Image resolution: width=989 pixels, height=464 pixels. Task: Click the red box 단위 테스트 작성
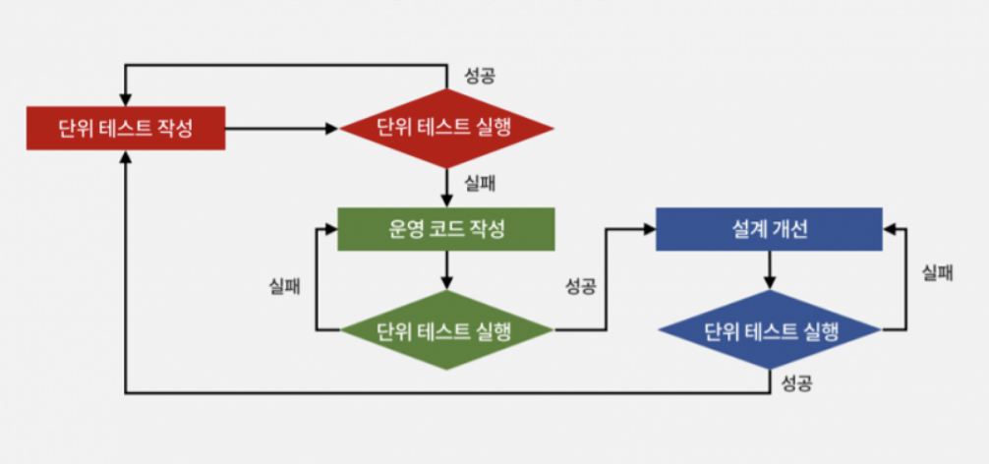pos(125,128)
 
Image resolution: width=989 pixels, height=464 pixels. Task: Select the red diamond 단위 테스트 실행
pos(445,128)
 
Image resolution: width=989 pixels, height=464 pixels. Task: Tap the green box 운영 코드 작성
pos(446,229)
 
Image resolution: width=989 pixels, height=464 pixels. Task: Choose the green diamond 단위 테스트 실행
pos(445,330)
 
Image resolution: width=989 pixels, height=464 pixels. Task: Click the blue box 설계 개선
pos(770,229)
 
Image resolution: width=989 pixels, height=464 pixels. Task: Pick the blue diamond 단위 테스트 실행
pos(770,330)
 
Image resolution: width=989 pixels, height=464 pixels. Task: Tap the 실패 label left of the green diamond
pos(285,286)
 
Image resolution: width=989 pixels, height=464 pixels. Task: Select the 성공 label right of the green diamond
pos(581,286)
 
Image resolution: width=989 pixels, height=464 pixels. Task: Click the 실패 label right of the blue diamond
pos(937,274)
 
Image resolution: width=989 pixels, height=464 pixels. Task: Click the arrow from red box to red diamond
pos(281,128)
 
